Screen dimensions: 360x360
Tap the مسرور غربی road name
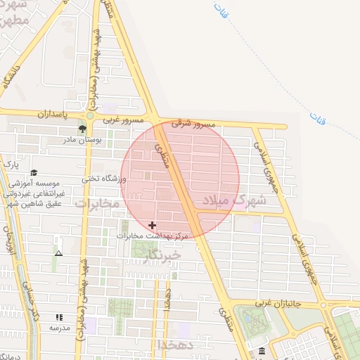click(123, 120)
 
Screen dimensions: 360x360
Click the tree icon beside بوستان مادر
click(83, 129)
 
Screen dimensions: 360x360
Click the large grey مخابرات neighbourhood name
click(98, 205)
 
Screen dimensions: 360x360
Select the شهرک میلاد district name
click(235, 200)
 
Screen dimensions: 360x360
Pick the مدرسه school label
click(59, 328)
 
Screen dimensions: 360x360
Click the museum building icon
click(262, 351)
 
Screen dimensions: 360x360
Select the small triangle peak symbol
click(58, 253)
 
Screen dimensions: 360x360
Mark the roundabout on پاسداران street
click(90, 115)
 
